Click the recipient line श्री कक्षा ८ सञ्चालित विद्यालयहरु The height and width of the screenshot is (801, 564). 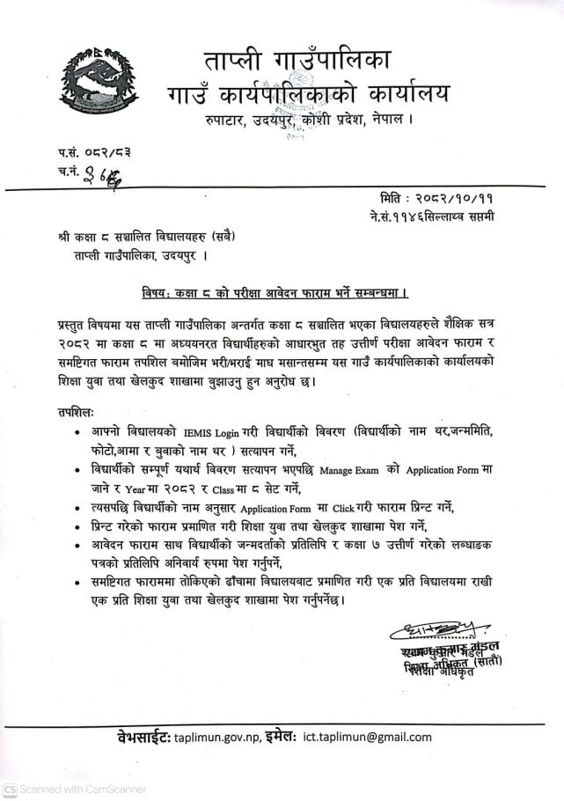[155, 238]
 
